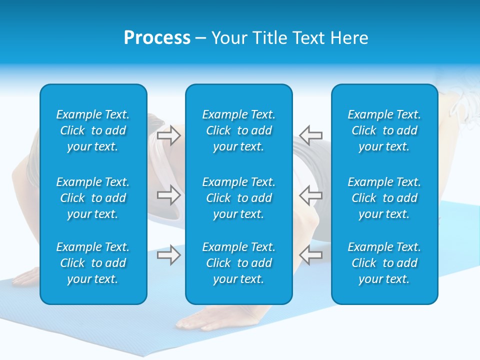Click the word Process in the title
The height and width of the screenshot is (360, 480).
click(157, 38)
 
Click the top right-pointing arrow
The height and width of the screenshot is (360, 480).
click(168, 135)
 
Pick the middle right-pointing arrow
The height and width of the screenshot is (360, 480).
click(168, 195)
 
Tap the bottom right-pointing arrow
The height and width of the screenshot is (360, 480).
click(168, 255)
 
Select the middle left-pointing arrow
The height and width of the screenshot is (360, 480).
click(310, 195)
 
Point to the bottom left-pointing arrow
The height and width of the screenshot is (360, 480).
click(310, 254)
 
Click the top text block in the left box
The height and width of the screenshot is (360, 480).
click(93, 130)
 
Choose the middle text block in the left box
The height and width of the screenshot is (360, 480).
click(93, 198)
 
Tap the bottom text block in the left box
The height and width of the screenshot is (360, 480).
click(93, 263)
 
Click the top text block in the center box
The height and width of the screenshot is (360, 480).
click(239, 130)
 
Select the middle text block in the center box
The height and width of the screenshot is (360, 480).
click(239, 198)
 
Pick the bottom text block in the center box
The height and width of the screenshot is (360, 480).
click(239, 263)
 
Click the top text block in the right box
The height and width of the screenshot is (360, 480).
click(384, 130)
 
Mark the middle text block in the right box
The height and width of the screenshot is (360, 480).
click(384, 198)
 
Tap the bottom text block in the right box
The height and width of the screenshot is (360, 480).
click(384, 263)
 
